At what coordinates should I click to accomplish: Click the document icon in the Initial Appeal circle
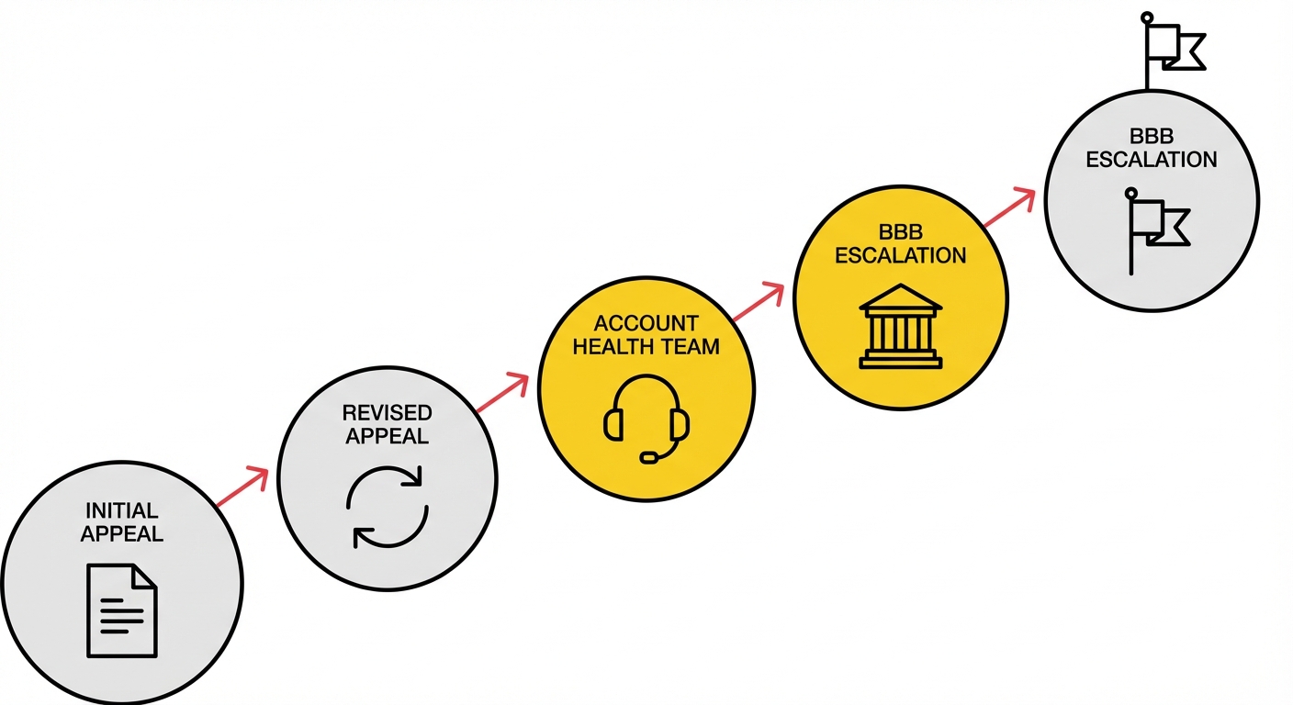[x=122, y=610]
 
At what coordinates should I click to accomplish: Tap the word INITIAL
[x=122, y=510]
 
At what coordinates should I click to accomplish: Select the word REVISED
[x=387, y=413]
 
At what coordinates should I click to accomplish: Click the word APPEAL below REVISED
[x=387, y=436]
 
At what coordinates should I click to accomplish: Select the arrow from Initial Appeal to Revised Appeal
[x=242, y=487]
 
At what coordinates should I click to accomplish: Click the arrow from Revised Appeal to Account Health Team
[x=502, y=392]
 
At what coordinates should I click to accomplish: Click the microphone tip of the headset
[x=649, y=458]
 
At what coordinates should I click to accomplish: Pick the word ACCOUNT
[x=646, y=323]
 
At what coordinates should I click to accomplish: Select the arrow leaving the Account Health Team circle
[x=758, y=301]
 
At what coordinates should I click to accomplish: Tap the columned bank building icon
[x=901, y=326]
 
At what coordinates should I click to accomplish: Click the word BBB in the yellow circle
[x=901, y=232]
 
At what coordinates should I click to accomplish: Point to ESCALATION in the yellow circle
[x=901, y=255]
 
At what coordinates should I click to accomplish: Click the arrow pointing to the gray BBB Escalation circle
[x=1009, y=207]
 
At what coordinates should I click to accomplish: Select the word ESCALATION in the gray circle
[x=1152, y=160]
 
